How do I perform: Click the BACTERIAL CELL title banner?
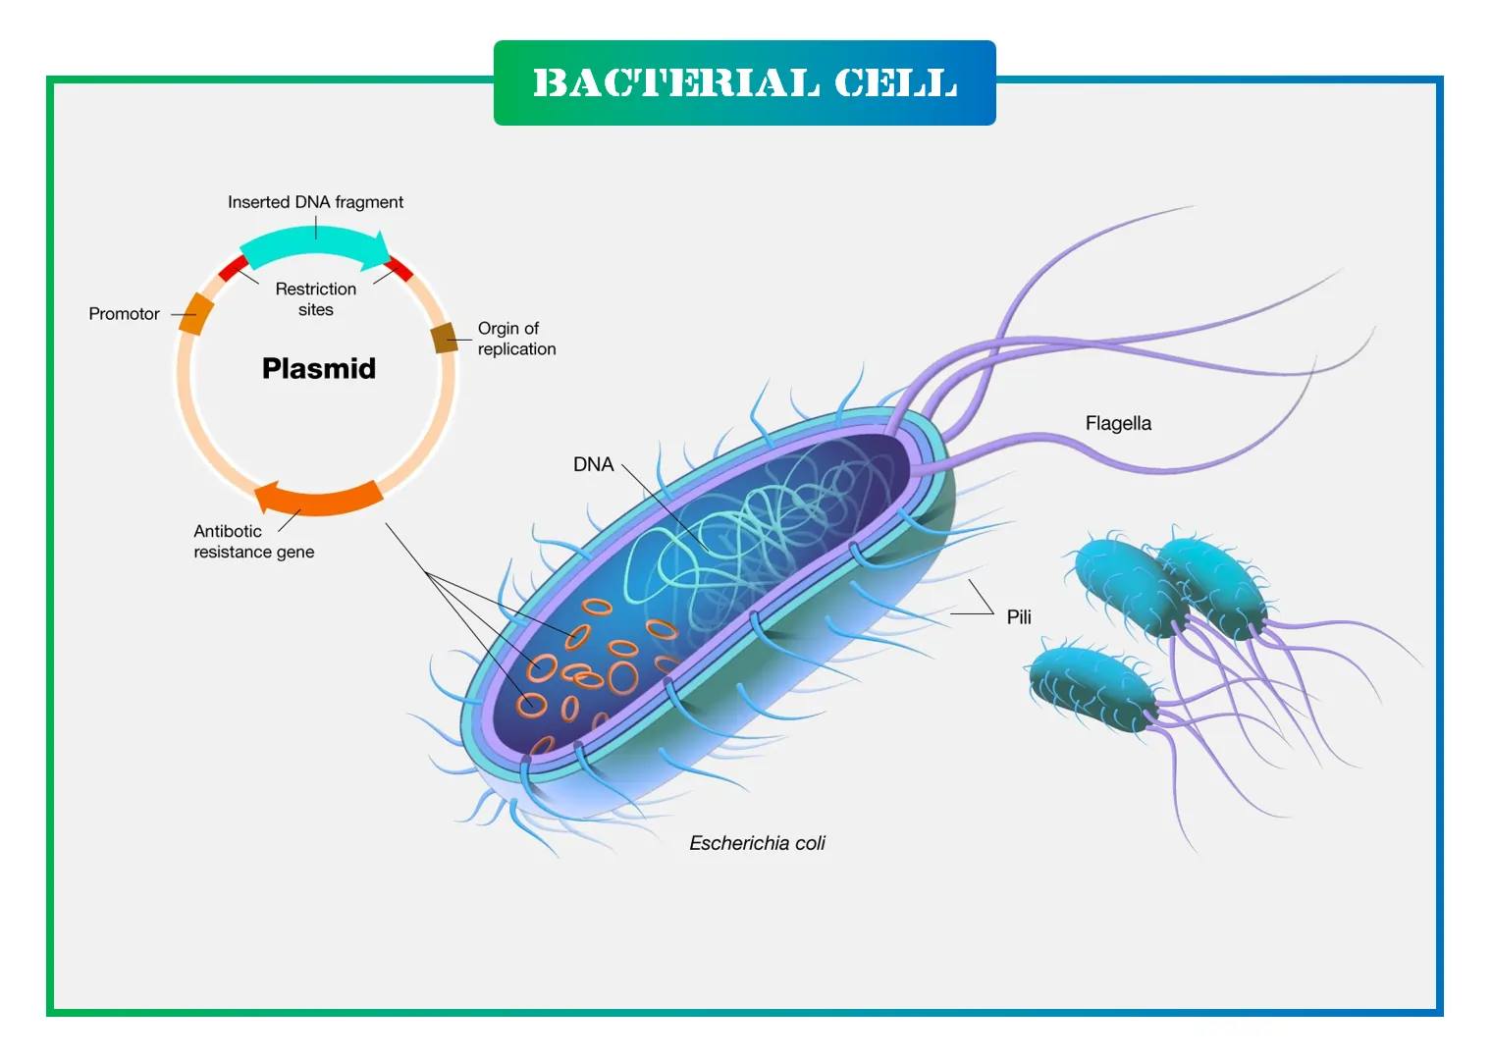pos(744,82)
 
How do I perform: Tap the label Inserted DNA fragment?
pos(315,202)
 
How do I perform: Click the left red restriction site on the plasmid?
pos(233,268)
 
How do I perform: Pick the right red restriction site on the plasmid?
pos(398,268)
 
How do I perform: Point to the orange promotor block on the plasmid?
pos(196,313)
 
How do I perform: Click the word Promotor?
pos(124,314)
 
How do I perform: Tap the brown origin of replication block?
pos(444,338)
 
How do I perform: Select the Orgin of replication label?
pos(516,339)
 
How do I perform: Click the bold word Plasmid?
pos(319,368)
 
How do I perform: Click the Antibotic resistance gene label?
pos(253,541)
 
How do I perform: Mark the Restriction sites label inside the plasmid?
pos(316,298)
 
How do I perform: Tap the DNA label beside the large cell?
pos(593,464)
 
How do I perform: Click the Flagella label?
pos(1118,423)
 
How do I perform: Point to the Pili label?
pos(1019,616)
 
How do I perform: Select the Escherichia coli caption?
pos(757,843)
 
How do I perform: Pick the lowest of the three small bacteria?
pos(1092,687)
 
